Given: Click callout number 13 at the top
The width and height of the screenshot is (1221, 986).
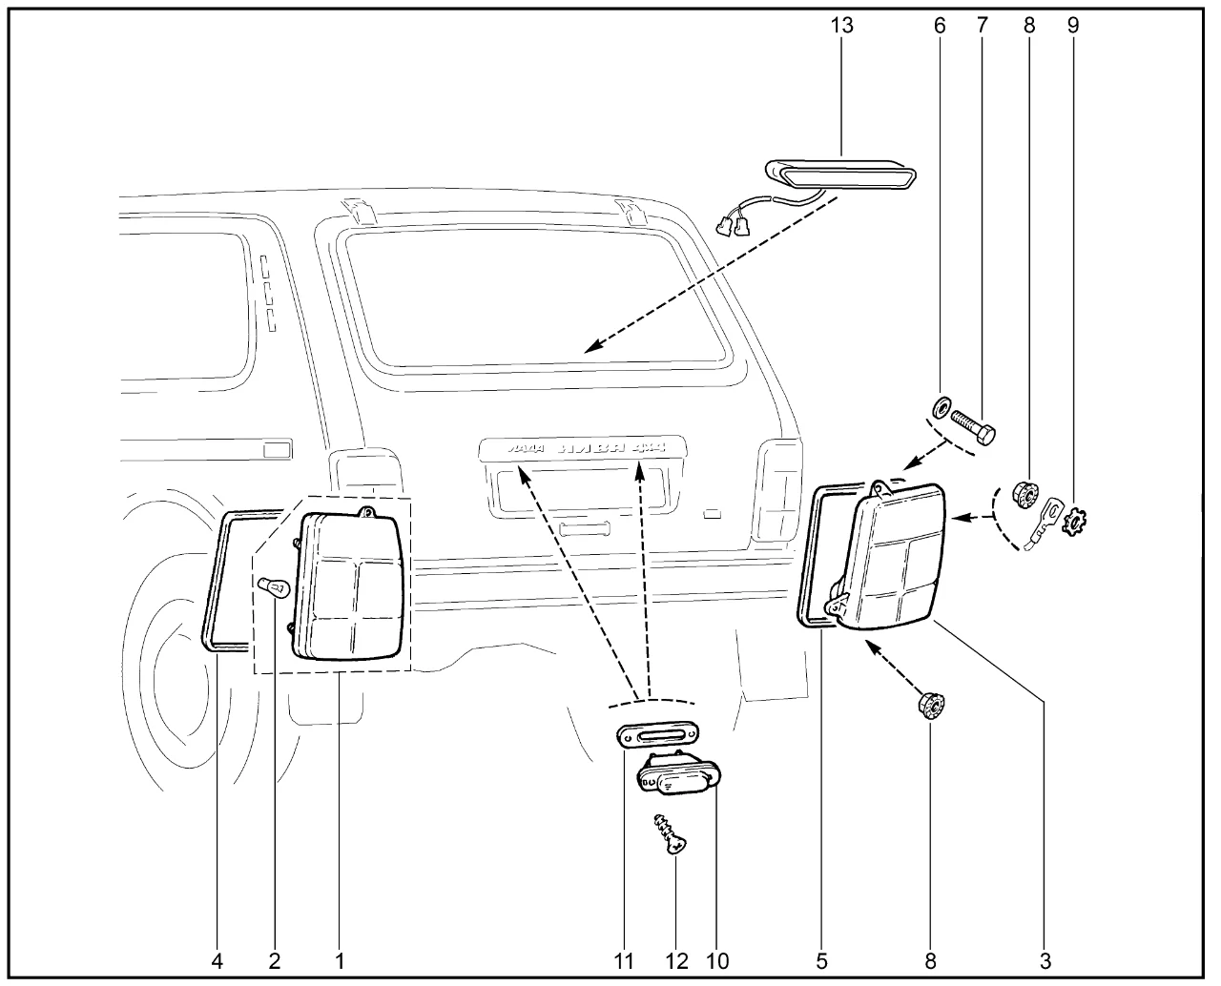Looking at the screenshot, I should [841, 26].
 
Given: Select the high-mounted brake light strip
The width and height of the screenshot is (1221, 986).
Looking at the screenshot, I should [841, 174].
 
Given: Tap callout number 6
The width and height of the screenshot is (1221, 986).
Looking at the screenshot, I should [940, 26].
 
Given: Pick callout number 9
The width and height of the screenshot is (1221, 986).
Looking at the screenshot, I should [1073, 26].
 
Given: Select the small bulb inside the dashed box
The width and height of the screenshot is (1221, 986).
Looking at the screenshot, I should [274, 587].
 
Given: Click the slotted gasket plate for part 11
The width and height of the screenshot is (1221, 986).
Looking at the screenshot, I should [658, 734].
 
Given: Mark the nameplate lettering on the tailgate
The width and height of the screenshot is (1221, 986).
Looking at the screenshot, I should [582, 446].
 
